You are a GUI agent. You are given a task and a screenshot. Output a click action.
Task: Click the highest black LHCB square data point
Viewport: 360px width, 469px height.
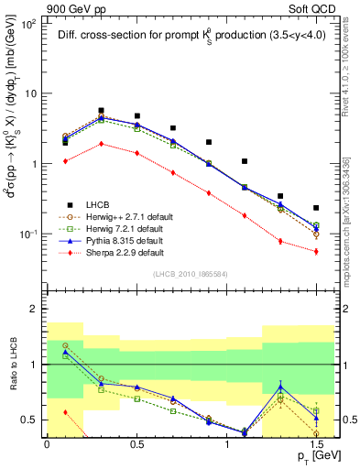point(101,110)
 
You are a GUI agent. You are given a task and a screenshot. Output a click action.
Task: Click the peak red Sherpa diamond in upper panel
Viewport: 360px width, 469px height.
point(101,143)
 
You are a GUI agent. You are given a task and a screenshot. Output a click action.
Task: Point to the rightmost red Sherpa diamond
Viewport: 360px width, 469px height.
point(316,251)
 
